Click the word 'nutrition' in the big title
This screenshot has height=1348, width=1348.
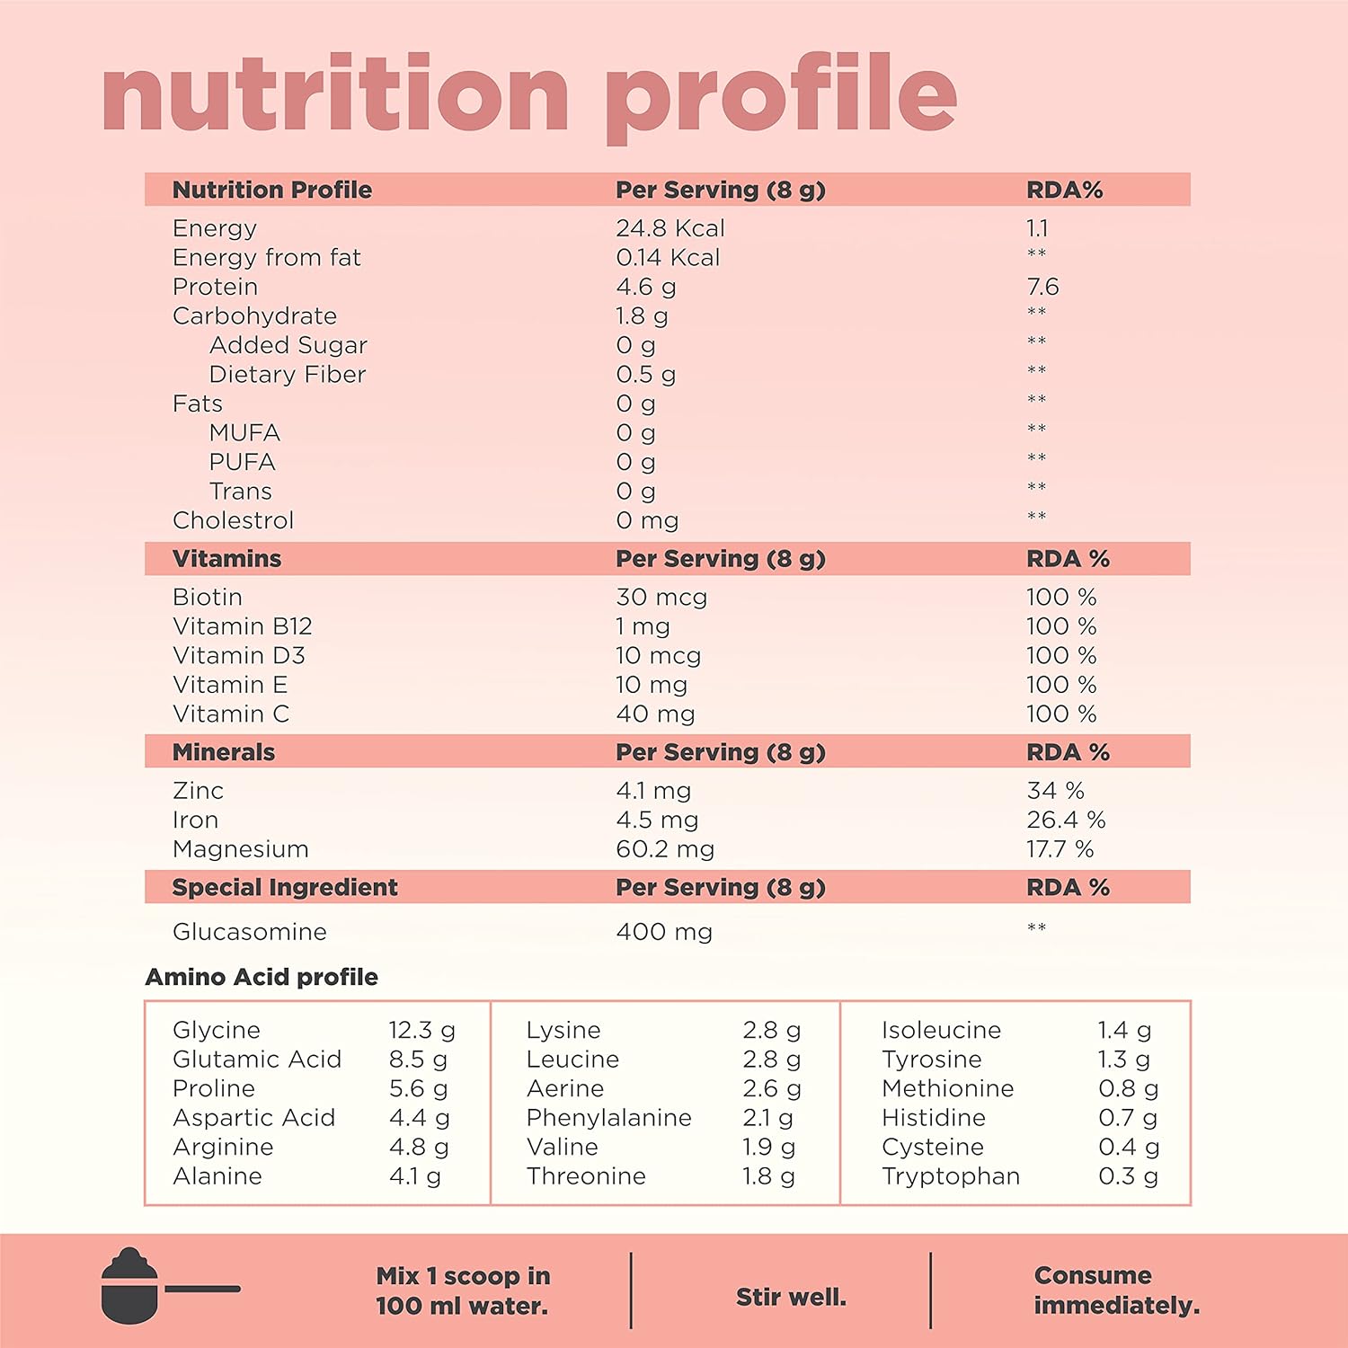pyautogui.click(x=335, y=94)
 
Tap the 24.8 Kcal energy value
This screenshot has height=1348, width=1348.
pyautogui.click(x=670, y=228)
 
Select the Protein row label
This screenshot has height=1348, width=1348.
pyautogui.click(x=215, y=287)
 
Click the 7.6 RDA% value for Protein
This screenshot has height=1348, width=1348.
pyautogui.click(x=1042, y=287)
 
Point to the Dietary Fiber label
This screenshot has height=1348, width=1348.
pyautogui.click(x=287, y=375)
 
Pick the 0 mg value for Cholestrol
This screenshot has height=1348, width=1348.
pyautogui.click(x=647, y=520)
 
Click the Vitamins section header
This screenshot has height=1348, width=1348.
pyautogui.click(x=226, y=559)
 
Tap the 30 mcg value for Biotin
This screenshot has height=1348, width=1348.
pyautogui.click(x=661, y=598)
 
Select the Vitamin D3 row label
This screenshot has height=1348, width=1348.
pyautogui.click(x=238, y=656)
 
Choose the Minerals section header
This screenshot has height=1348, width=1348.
pyautogui.click(x=223, y=752)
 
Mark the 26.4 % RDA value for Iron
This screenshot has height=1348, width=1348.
pyautogui.click(x=1066, y=820)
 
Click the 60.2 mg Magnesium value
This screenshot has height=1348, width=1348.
pyautogui.click(x=665, y=849)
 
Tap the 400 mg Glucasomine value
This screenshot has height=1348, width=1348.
pyautogui.click(x=664, y=932)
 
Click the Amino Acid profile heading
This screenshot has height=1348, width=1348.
pyautogui.click(x=262, y=977)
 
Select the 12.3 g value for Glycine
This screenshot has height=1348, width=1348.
pyautogui.click(x=421, y=1030)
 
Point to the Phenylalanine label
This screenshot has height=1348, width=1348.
pyautogui.click(x=608, y=1118)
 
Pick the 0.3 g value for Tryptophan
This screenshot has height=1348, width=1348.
pyautogui.click(x=1128, y=1176)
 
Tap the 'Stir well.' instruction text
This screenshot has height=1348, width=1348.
pyautogui.click(x=791, y=1297)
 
